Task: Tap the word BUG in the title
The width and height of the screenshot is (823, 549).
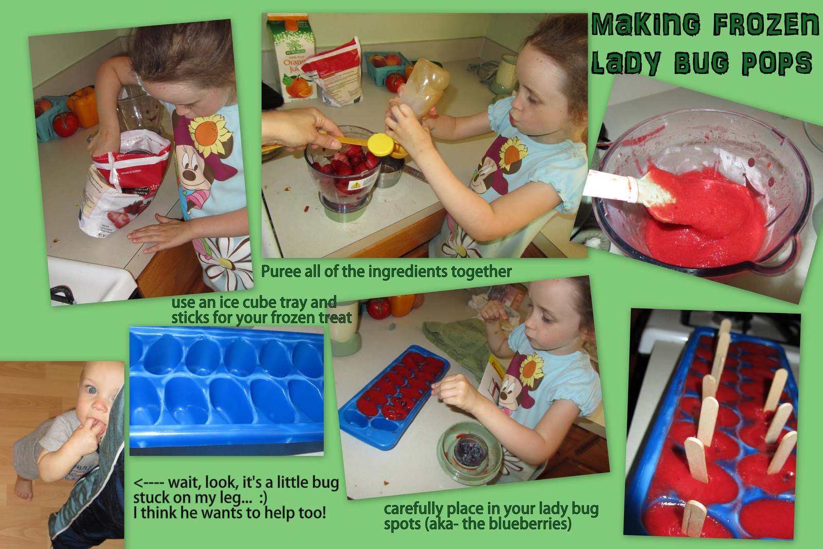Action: (702, 62)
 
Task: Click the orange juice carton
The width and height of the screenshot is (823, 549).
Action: (293, 58)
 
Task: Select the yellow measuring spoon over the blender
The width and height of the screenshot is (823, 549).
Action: (371, 144)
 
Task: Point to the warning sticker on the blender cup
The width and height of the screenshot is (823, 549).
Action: (355, 185)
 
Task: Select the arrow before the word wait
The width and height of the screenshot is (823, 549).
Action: (149, 483)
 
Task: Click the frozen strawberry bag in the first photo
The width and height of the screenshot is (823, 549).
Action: (123, 184)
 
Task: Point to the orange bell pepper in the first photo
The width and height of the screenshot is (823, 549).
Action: (83, 107)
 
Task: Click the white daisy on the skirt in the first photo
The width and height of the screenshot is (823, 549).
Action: (225, 257)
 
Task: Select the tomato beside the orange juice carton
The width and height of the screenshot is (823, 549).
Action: (396, 83)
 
